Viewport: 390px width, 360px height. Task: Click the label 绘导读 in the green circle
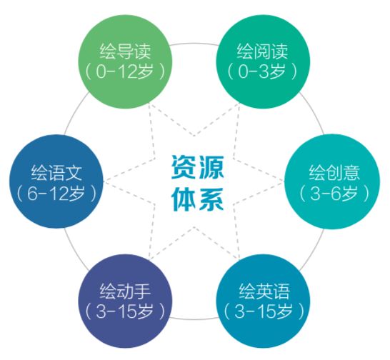pos(126,51)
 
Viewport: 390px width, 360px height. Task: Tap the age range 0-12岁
pos(124,71)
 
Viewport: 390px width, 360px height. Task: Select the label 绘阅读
pos(262,51)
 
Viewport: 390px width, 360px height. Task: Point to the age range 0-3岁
pos(262,71)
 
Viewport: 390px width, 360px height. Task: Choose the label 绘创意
pos(334,172)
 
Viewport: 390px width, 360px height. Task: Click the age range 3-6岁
pos(334,193)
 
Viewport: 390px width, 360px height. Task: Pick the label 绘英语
pos(264,291)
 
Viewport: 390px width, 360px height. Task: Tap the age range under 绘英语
pos(264,311)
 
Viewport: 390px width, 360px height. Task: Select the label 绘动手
pos(126,291)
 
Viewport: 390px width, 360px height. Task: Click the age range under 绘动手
pos(124,311)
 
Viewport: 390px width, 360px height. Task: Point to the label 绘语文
pos(56,172)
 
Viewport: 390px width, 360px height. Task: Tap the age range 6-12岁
pos(56,193)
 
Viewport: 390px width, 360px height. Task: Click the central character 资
pos(184,166)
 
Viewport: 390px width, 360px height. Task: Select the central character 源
pos(211,166)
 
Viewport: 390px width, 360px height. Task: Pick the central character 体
pos(184,199)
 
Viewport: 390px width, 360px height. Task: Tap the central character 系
pos(211,199)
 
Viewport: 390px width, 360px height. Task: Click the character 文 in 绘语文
pos(74,172)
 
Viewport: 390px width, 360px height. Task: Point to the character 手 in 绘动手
pos(143,291)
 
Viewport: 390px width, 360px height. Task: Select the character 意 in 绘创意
pos(351,172)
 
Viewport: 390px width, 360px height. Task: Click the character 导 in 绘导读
pos(126,51)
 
